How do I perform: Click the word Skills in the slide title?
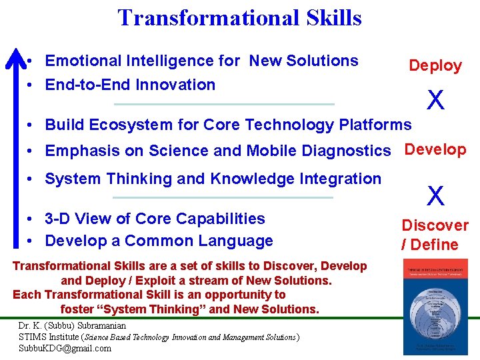pyautogui.click(x=329, y=17)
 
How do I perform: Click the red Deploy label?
pyautogui.click(x=435, y=65)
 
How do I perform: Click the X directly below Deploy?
pyautogui.click(x=435, y=101)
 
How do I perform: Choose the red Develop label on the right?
pyautogui.click(x=435, y=149)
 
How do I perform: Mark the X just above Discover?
pyautogui.click(x=435, y=196)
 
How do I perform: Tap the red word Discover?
pyautogui.click(x=435, y=225)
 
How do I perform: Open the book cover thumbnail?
pyautogui.click(x=432, y=306)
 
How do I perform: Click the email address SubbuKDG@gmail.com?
pyautogui.click(x=65, y=348)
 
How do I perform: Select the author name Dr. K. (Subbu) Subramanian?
pyautogui.click(x=72, y=326)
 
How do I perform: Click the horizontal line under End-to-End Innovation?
pyautogui.click(x=224, y=104)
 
